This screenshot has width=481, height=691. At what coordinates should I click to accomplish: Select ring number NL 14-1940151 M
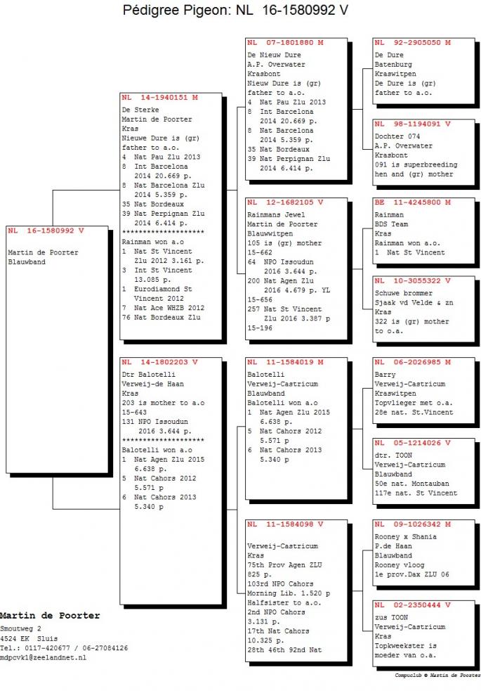(x=160, y=98)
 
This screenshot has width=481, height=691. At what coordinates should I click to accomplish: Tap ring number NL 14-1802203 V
(x=160, y=362)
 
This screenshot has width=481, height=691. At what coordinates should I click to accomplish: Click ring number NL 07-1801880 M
(x=286, y=42)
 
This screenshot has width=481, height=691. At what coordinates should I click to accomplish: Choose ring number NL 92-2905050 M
(x=413, y=42)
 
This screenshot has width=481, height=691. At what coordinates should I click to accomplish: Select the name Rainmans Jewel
(x=276, y=214)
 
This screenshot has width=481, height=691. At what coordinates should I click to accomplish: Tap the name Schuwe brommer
(x=404, y=293)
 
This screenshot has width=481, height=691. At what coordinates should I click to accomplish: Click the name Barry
(x=385, y=375)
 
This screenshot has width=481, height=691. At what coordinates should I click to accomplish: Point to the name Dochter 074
(x=397, y=136)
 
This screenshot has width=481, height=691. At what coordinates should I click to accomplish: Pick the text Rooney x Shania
(x=406, y=537)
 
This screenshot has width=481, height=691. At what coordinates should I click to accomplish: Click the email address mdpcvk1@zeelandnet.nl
(x=43, y=657)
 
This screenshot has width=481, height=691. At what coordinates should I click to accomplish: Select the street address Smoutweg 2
(x=20, y=628)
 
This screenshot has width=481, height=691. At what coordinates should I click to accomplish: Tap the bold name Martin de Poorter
(x=50, y=616)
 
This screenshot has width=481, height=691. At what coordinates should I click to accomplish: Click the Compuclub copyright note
(x=437, y=675)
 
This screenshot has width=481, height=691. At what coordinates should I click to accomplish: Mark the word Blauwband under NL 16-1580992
(x=27, y=261)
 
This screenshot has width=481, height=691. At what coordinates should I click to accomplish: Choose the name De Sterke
(x=140, y=110)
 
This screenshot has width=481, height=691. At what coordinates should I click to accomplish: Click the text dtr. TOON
(x=393, y=456)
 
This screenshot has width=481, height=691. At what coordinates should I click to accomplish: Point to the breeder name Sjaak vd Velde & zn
(x=414, y=303)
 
